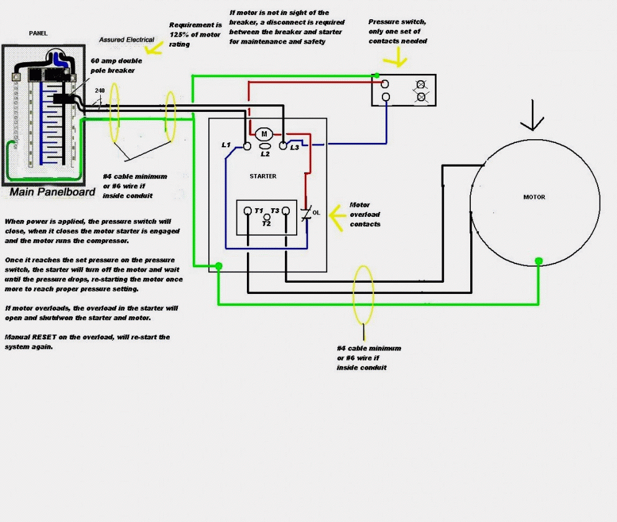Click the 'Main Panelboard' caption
[x=52, y=192]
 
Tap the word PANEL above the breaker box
[x=38, y=33]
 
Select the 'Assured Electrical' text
[x=127, y=40]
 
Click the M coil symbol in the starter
[x=263, y=134]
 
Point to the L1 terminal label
[x=226, y=145]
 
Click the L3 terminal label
[x=294, y=147]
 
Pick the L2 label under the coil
[x=265, y=154]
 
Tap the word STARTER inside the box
[x=263, y=176]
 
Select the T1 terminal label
[x=259, y=211]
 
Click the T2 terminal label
[x=266, y=223]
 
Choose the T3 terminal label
[x=275, y=211]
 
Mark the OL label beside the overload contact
[x=316, y=213]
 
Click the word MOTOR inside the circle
[x=534, y=197]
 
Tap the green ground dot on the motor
[x=539, y=261]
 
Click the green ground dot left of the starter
[x=219, y=266]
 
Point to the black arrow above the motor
[x=532, y=122]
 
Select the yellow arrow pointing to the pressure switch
[x=394, y=60]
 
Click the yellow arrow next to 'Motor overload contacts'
[x=336, y=215]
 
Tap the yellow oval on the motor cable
[x=363, y=293]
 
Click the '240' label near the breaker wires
[x=100, y=91]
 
